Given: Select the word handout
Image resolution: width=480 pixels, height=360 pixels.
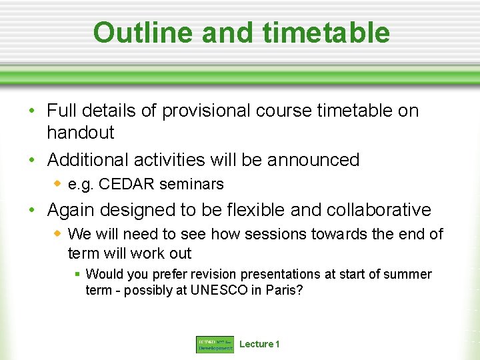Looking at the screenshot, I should point(81,133).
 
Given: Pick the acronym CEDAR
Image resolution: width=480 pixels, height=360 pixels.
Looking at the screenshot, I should point(125,184).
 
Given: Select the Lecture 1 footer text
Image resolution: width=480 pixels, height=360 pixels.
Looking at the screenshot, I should point(259,344).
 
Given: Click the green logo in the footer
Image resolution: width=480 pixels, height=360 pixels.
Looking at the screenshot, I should point(215,344).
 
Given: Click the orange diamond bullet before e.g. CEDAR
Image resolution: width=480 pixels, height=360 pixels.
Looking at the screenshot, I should point(58,183).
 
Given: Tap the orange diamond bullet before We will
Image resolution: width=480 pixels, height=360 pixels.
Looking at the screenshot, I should point(58,234).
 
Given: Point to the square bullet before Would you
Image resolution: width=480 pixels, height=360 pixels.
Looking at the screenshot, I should point(77,274).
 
